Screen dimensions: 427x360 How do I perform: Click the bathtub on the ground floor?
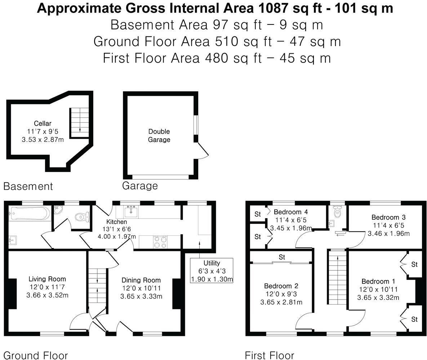tap(30, 213)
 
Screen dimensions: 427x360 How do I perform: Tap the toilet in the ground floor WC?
tap(82, 217)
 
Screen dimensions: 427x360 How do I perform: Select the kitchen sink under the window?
tap(131, 211)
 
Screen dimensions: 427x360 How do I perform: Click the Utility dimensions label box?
tap(212, 271)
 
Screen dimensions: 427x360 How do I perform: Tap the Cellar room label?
tap(43, 123)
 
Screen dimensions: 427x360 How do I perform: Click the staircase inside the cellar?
tap(80, 123)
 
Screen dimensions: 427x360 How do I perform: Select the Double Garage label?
tap(159, 135)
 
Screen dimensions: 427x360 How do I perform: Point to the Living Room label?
tap(47, 279)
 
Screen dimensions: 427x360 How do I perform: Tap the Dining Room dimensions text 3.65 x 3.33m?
tap(141, 296)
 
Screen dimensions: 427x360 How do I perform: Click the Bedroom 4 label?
tap(290, 212)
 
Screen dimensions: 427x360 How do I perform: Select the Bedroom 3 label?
tap(388, 217)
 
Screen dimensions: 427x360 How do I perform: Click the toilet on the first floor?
tap(337, 212)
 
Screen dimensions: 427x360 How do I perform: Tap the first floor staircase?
tap(337, 277)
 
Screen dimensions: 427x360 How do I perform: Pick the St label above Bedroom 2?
tap(282, 257)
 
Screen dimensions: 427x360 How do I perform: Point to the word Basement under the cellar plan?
tap(28, 186)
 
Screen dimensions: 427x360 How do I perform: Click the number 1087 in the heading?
tap(273, 8)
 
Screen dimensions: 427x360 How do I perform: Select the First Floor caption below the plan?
tap(270, 355)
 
